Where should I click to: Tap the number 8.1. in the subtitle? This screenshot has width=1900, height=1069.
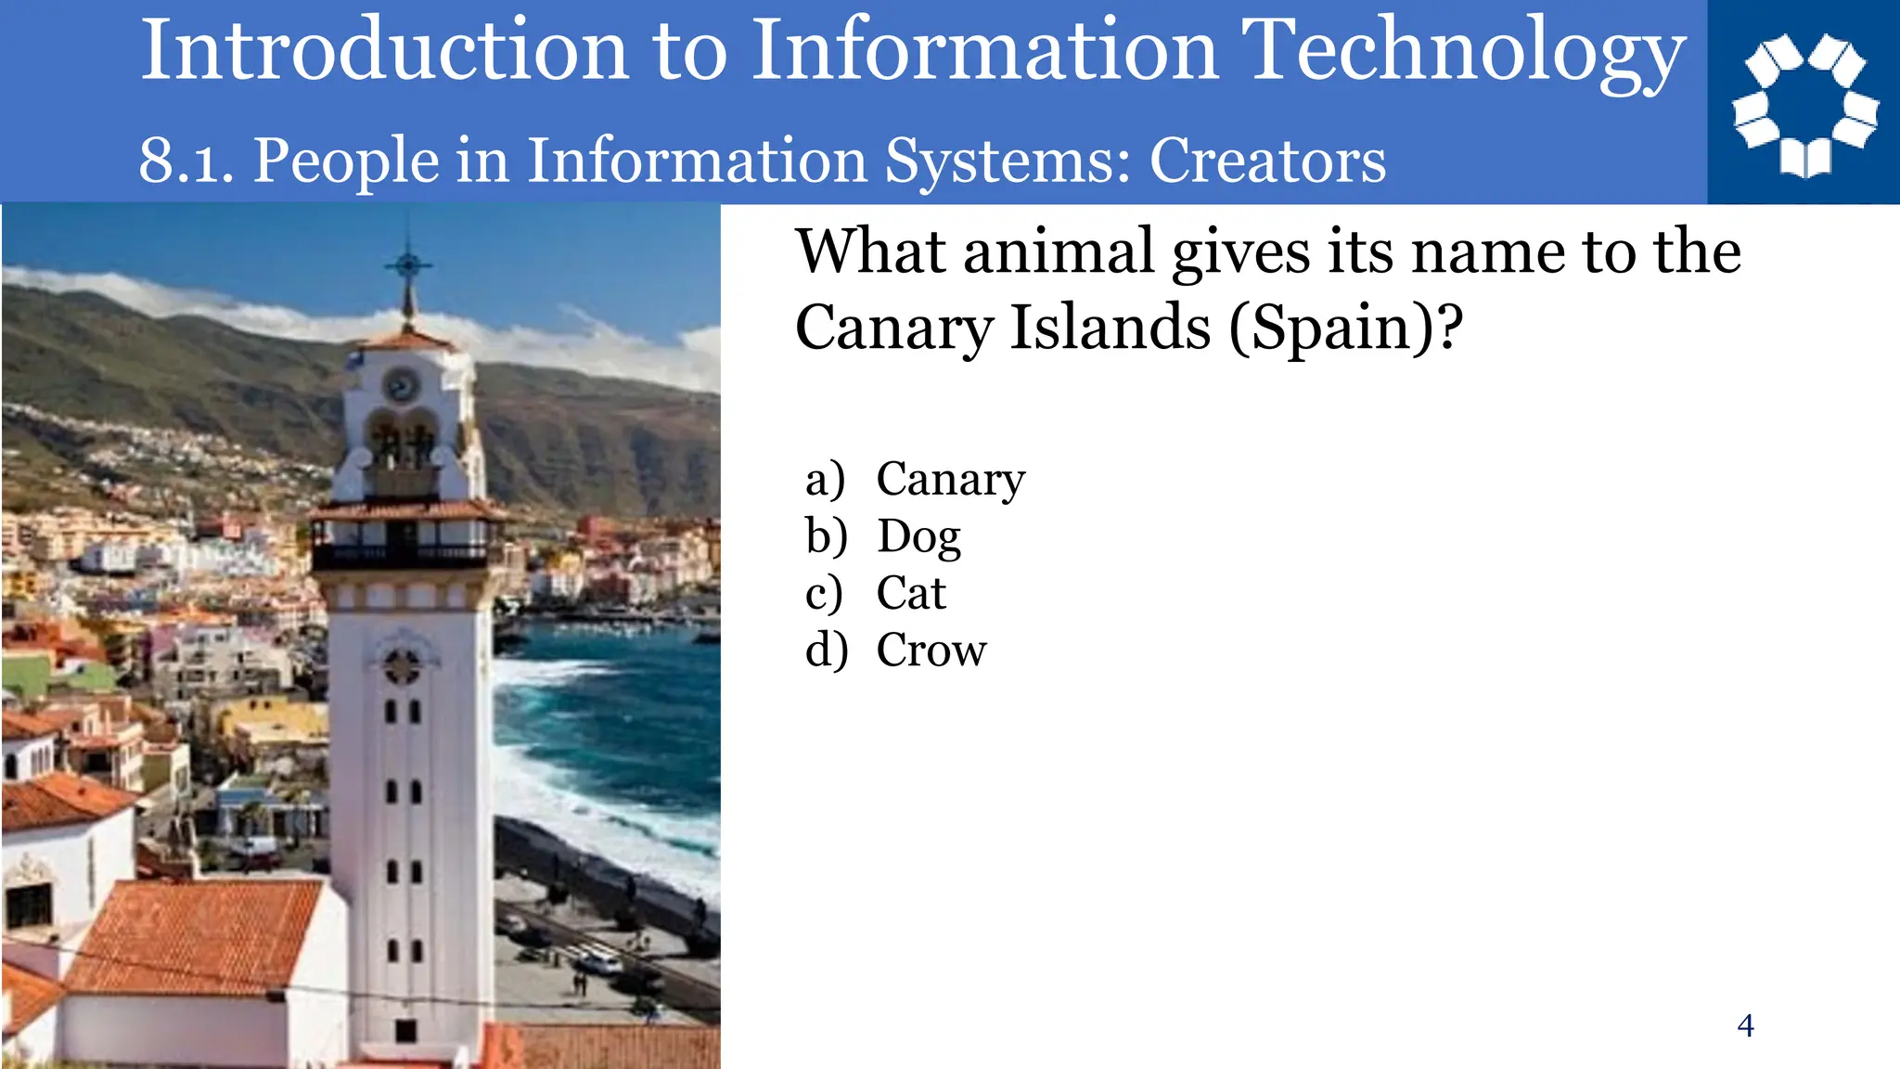(x=186, y=161)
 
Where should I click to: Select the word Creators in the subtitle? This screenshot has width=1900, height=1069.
(x=1267, y=161)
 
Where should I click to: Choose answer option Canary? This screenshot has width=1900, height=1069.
(x=950, y=480)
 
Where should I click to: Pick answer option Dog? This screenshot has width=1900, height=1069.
(x=918, y=537)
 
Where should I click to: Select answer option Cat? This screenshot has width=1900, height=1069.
(x=911, y=594)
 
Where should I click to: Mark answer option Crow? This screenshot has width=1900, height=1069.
(x=931, y=650)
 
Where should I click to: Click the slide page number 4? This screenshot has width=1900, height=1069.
(x=1745, y=1026)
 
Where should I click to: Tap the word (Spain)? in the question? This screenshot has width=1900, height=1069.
(x=1346, y=328)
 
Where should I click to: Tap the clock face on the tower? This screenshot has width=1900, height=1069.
(x=401, y=384)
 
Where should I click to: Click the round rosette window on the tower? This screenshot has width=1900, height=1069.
(x=402, y=664)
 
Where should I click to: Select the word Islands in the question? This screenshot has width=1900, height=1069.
(x=1110, y=328)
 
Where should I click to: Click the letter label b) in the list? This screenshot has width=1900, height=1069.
(x=826, y=537)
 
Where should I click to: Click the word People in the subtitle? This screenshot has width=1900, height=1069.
(x=345, y=161)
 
